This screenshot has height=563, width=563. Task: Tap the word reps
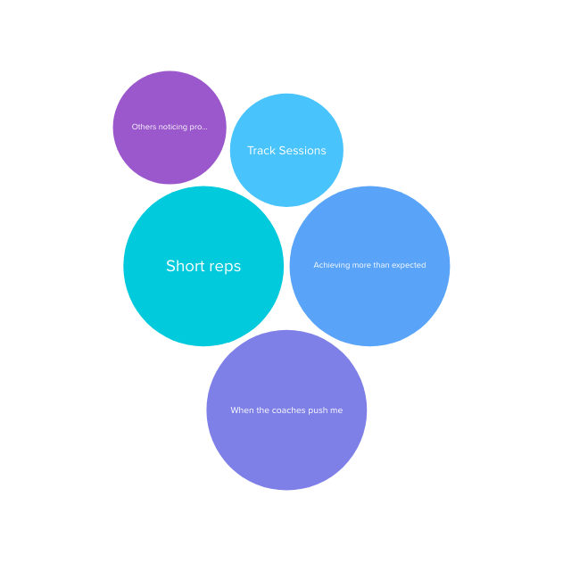click(224, 267)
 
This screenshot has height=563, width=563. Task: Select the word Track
click(262, 151)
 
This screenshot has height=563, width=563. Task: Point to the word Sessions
click(303, 151)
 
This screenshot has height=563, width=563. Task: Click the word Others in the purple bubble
click(144, 127)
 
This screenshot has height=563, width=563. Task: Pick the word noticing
click(173, 127)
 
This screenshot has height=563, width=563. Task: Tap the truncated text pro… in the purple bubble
click(199, 128)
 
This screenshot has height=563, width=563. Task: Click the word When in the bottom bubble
click(242, 410)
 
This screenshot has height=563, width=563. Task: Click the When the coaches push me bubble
click(286, 446)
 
